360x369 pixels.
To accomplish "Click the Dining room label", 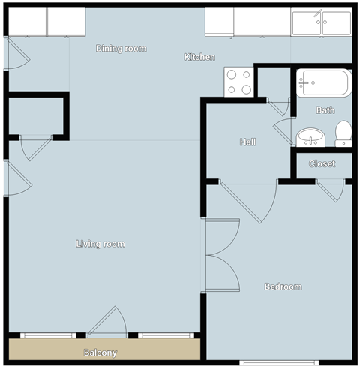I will (x=121, y=49).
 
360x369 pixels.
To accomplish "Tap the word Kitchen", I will (x=200, y=57).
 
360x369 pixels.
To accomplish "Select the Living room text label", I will (x=100, y=244).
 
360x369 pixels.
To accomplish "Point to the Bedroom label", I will (x=283, y=286).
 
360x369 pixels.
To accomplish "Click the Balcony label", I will (x=100, y=352).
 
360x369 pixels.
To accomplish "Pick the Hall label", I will (x=248, y=142).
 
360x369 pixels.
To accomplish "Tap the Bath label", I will (x=325, y=110).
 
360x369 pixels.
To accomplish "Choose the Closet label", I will (x=322, y=163).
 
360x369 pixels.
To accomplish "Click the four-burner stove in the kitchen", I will (x=239, y=82).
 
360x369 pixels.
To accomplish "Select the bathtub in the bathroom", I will (x=323, y=82).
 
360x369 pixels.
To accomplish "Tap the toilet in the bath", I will (x=343, y=133).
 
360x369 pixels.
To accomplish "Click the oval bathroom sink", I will (x=310, y=137).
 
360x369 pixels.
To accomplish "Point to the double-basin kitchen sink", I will (x=322, y=22).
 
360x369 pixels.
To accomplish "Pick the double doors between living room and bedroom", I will (x=222, y=254).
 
